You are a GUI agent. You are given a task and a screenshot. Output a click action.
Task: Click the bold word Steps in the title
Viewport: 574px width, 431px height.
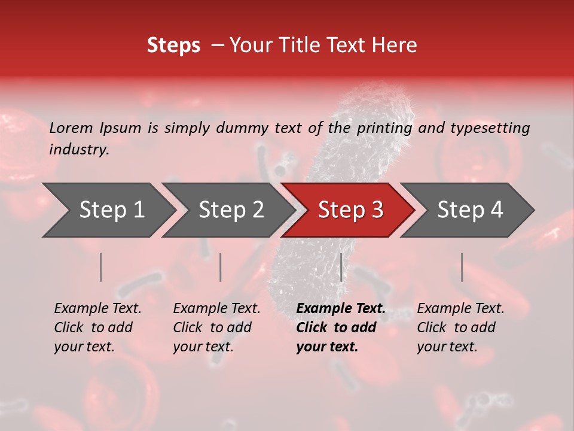point(173,45)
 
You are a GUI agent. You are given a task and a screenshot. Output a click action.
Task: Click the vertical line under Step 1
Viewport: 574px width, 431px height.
point(101,267)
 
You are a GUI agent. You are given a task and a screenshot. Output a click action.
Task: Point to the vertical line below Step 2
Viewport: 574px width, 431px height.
point(221,267)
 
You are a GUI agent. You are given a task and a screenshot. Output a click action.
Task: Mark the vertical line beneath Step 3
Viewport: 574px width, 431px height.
point(341,267)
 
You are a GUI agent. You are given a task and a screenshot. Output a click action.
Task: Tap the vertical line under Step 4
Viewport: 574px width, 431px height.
point(462,267)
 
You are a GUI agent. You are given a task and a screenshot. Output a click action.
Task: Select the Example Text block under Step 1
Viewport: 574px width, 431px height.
point(97,327)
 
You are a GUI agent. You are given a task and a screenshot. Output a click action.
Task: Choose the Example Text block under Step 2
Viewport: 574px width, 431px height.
point(216,327)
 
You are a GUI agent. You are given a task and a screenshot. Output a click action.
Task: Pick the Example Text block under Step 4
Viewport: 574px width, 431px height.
point(460,327)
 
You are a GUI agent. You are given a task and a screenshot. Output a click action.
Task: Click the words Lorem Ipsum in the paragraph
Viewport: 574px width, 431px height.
point(95,128)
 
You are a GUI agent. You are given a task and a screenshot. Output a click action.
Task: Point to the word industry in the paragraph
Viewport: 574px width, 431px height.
point(78,149)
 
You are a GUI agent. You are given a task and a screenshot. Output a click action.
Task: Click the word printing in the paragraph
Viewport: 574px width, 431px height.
point(384,128)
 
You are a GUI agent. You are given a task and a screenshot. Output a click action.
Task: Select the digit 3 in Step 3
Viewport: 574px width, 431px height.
point(377,210)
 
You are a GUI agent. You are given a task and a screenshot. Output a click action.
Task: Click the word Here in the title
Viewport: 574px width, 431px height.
point(397,45)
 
